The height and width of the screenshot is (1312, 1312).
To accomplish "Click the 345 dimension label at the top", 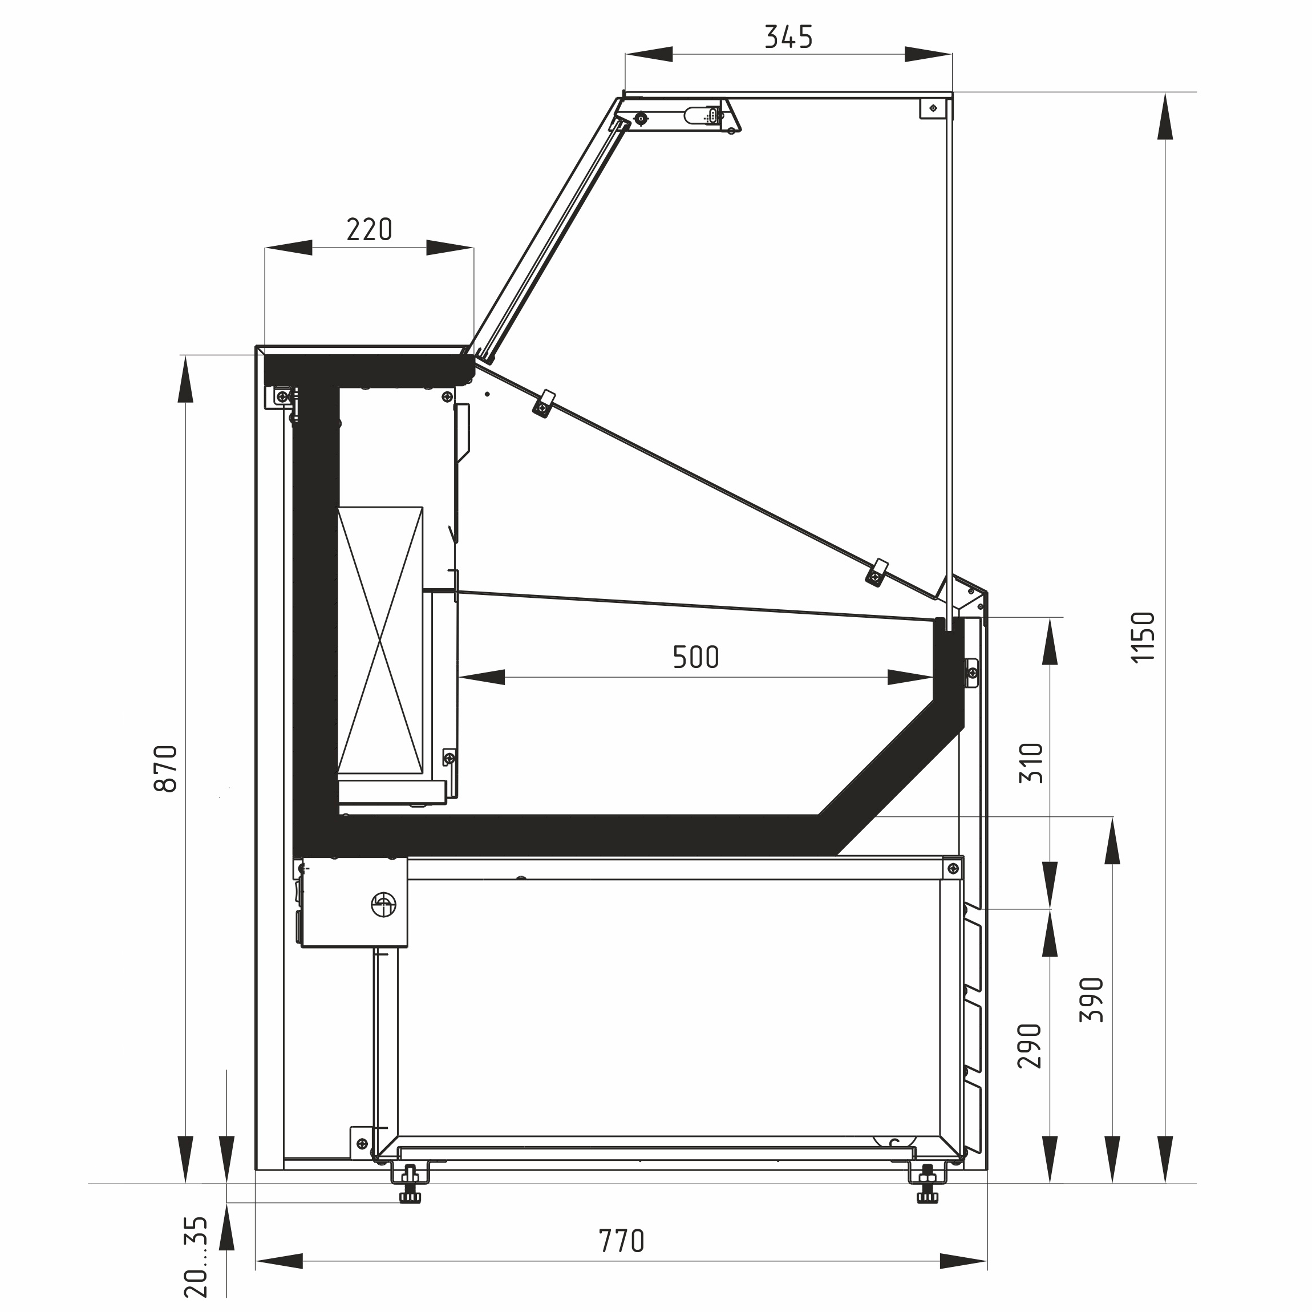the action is click(788, 37).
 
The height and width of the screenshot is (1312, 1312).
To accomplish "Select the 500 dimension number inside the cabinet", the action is click(696, 657).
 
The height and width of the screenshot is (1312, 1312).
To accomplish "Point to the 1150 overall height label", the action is click(1143, 637).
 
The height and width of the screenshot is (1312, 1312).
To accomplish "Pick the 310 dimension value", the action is click(1031, 763).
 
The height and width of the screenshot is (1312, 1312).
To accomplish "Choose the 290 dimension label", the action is click(1030, 1045).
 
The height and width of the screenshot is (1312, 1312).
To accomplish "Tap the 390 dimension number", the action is click(1092, 999).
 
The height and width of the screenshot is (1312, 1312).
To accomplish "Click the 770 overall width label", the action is click(621, 1241).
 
